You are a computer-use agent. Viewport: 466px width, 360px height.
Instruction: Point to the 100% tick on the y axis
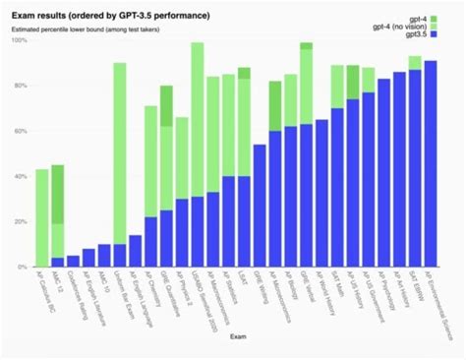[20, 41]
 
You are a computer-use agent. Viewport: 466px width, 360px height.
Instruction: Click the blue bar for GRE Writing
[260, 206]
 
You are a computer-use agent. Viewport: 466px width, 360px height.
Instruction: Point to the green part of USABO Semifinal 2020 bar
[197, 118]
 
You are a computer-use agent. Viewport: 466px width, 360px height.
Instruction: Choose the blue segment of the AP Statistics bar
[228, 221]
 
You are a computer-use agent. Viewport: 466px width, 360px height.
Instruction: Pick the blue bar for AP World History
[321, 193]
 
